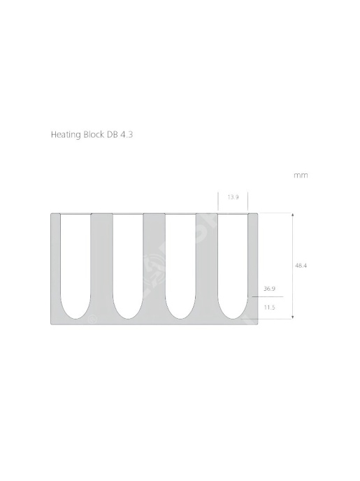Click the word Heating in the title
pyautogui.click(x=66, y=135)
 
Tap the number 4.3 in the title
pyautogui.click(x=127, y=135)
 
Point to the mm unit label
pyautogui.click(x=301, y=175)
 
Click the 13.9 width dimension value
pyautogui.click(x=233, y=197)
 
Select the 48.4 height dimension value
pyautogui.click(x=301, y=266)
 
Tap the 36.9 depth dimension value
pyautogui.click(x=269, y=289)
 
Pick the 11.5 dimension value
pyautogui.click(x=269, y=308)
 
